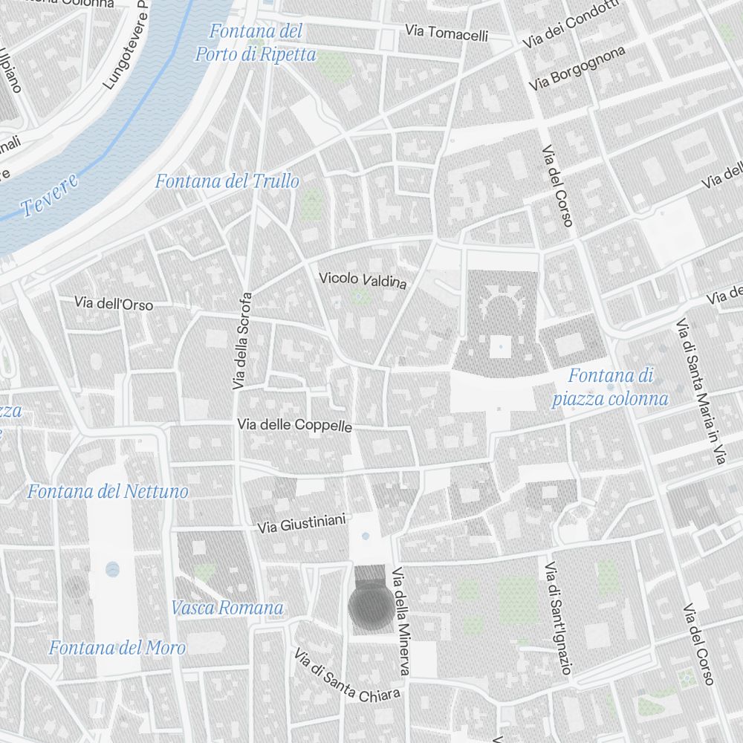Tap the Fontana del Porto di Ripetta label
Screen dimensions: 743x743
[x=256, y=43]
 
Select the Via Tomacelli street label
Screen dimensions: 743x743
[x=447, y=33]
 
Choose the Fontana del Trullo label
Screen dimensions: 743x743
[x=227, y=181]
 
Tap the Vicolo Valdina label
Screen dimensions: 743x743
[x=363, y=281]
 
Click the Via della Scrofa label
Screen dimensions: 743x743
[x=243, y=341]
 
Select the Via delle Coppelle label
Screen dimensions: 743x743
[x=294, y=425]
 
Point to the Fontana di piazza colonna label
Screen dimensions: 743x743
[x=610, y=387]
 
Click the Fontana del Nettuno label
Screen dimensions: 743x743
[x=108, y=491]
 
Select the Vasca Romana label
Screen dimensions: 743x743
[x=227, y=608]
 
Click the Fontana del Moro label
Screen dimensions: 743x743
[x=117, y=647]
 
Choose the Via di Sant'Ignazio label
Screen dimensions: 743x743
[x=558, y=618]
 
